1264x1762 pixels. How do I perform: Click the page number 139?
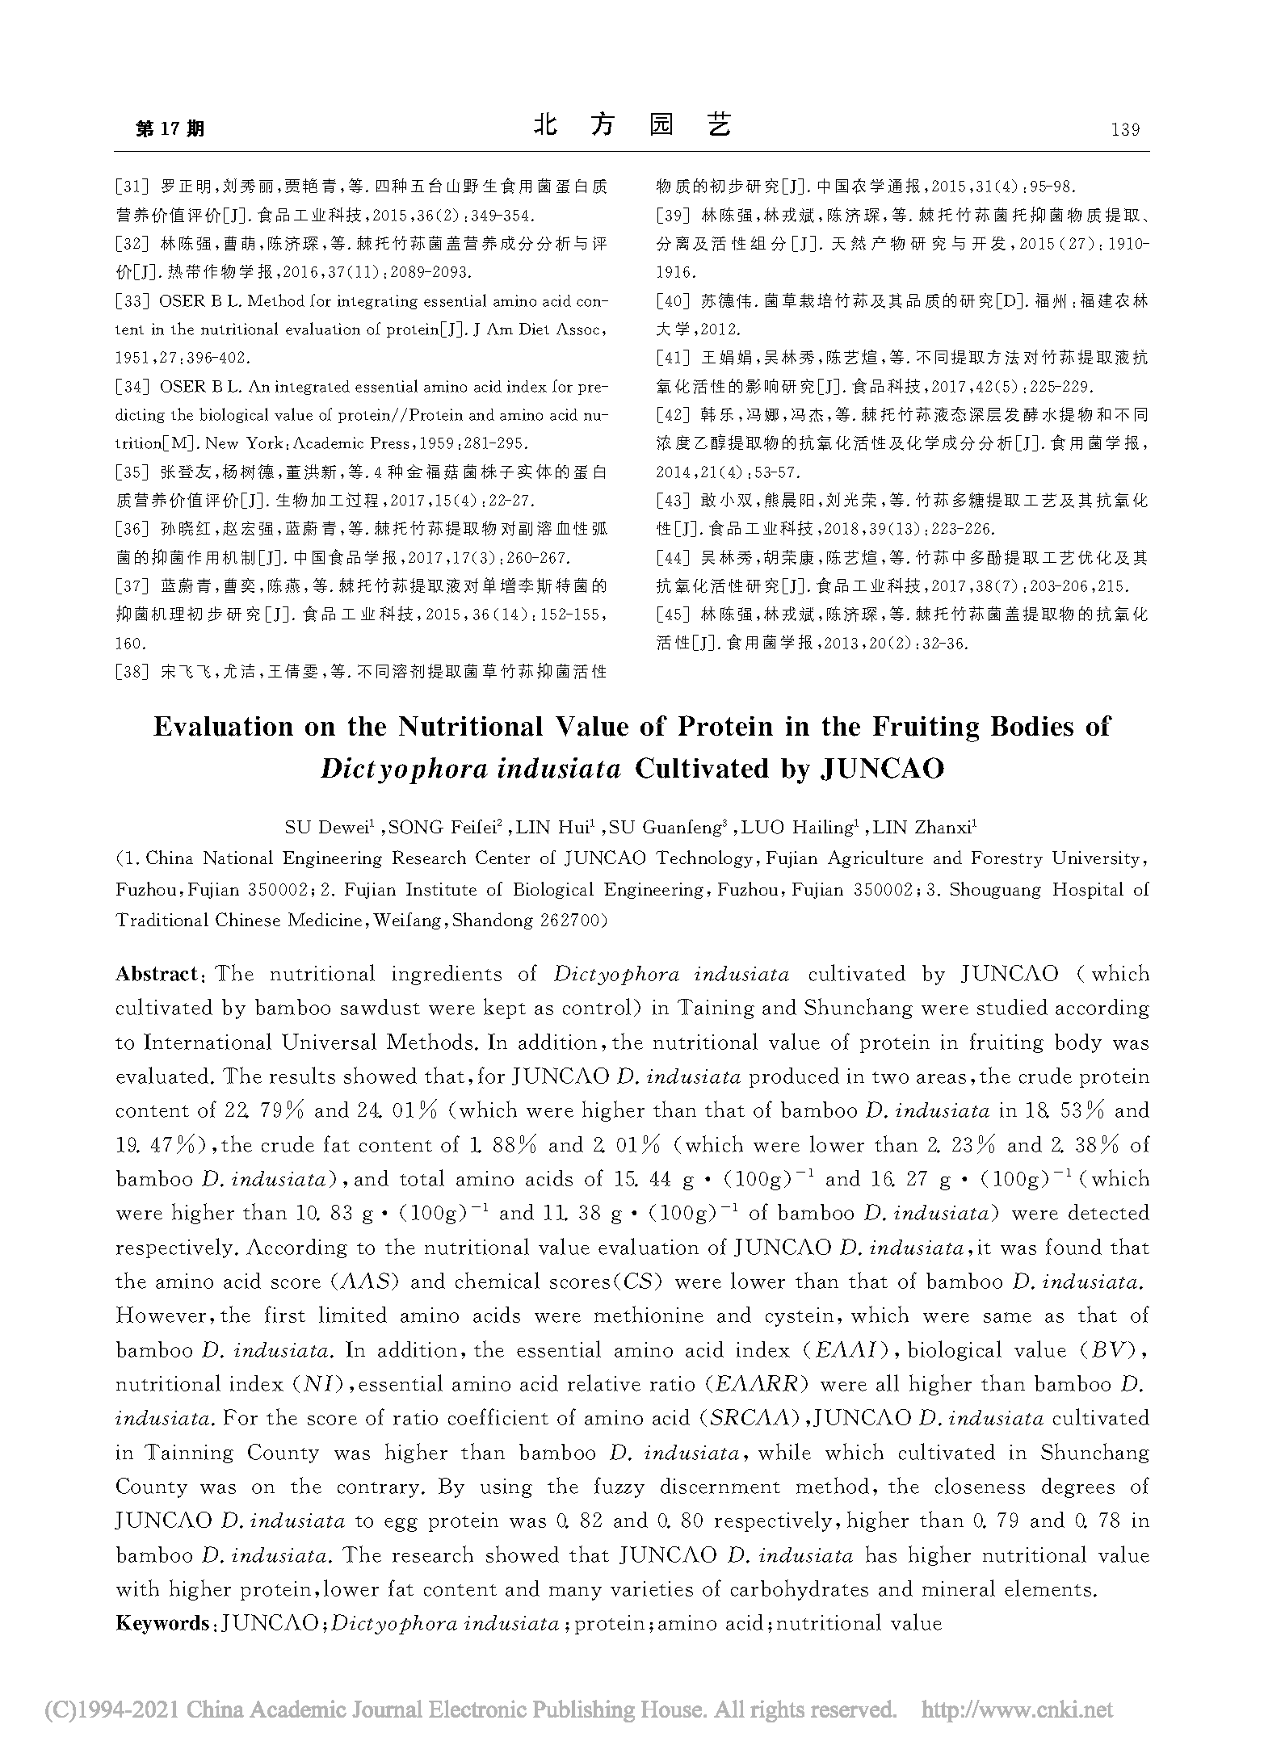1125,129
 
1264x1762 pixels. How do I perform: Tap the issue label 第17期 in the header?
170,129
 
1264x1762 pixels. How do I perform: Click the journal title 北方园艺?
632,125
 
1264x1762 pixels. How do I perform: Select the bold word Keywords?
162,1623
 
